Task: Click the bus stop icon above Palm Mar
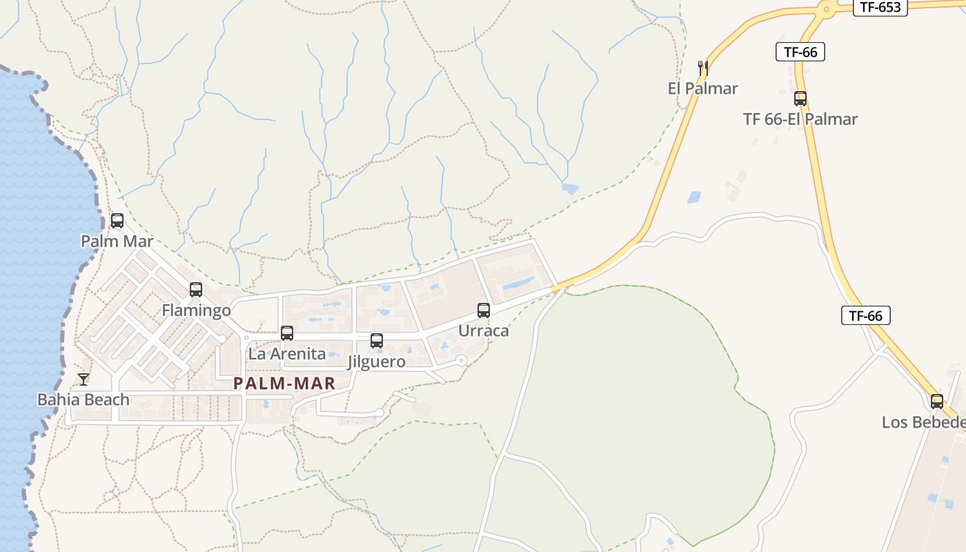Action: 117,221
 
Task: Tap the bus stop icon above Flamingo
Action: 196,290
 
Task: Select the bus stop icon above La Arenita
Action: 287,333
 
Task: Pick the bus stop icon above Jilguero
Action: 377,340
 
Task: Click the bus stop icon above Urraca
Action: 484,310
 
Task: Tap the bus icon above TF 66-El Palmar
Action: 800,99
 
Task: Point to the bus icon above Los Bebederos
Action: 937,402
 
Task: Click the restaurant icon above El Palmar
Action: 703,68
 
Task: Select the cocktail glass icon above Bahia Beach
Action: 83,379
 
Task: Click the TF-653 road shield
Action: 880,8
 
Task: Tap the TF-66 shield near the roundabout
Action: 800,52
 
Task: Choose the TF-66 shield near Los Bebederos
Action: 866,316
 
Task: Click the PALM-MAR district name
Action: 284,384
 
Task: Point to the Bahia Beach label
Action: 83,400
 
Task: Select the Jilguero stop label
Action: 377,362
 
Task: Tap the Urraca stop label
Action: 484,331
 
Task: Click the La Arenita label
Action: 287,354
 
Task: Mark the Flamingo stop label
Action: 197,310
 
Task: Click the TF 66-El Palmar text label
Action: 800,119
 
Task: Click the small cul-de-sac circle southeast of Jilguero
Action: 461,361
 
